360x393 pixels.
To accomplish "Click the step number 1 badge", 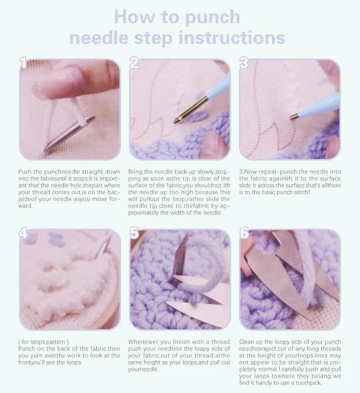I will tap(23, 63).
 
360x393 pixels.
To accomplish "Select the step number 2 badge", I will tap(134, 63).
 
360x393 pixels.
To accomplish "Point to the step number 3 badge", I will tap(244, 63).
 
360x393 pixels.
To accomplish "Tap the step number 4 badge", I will tap(23, 233).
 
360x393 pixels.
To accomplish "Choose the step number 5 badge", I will tap(134, 233).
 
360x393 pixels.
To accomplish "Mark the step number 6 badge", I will tap(244, 233).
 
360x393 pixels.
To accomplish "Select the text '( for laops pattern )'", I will tap(44, 342).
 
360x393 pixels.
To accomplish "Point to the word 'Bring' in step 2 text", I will tap(136, 172).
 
